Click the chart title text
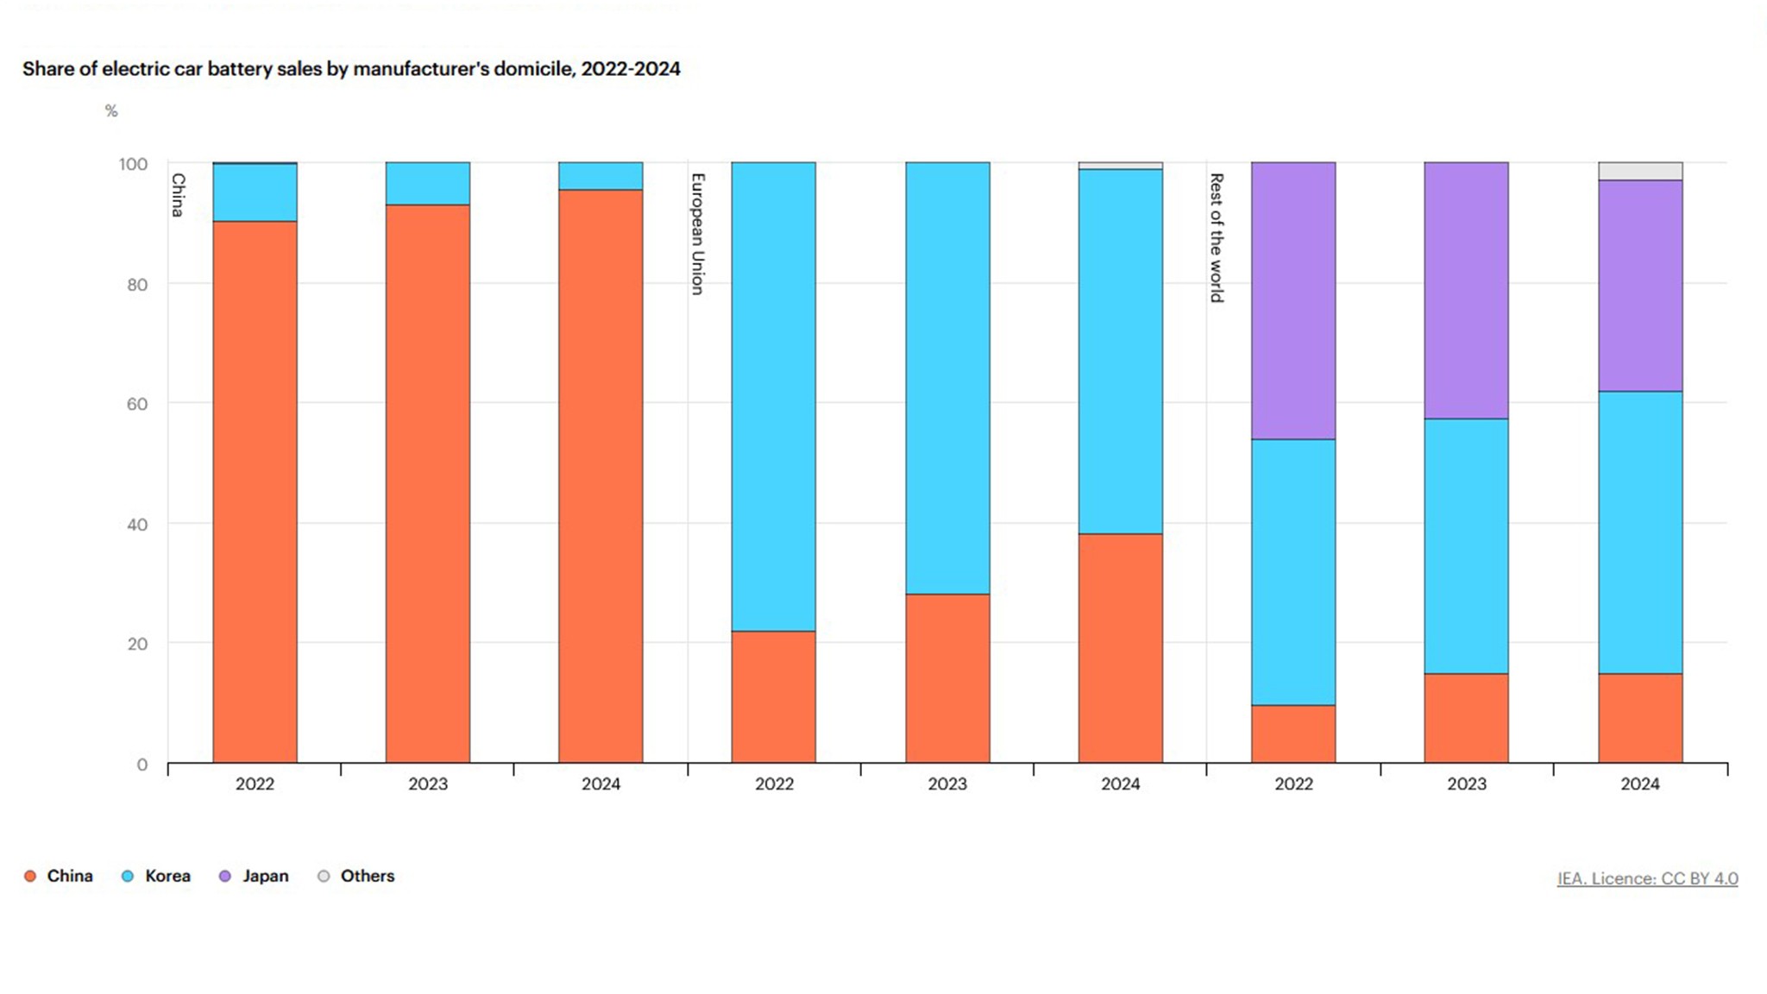click(x=351, y=69)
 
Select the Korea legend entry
click(x=166, y=876)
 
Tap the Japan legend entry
click(x=264, y=876)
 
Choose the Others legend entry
click(x=366, y=876)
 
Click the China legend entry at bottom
click(x=69, y=876)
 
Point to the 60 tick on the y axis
click(x=136, y=404)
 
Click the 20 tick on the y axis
click(x=136, y=644)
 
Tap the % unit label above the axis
click(x=111, y=111)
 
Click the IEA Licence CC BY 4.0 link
click(x=1646, y=878)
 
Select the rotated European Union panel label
click(x=698, y=234)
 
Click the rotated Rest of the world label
click(x=1217, y=237)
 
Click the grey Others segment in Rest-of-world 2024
click(x=1639, y=171)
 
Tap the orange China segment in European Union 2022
click(x=773, y=697)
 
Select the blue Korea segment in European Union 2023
click(x=946, y=378)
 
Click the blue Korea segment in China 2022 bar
click(x=255, y=192)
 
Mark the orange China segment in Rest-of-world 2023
click(x=1465, y=718)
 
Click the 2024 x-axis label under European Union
click(x=1120, y=784)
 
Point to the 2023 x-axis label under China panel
click(x=427, y=784)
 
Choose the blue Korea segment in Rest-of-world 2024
click(x=1639, y=532)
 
